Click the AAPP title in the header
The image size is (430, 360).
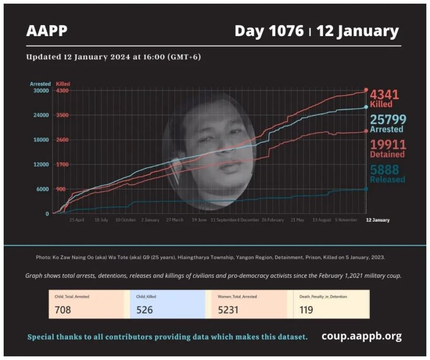(47, 31)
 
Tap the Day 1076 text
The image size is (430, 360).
(269, 31)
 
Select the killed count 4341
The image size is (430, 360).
(384, 95)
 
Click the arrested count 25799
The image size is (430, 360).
(386, 119)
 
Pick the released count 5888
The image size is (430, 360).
(384, 170)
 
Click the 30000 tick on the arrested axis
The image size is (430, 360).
(40, 91)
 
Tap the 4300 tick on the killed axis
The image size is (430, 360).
(62, 91)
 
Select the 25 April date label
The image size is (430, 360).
(77, 220)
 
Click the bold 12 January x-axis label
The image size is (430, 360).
(378, 220)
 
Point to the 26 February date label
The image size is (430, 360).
(273, 220)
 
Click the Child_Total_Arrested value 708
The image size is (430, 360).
(62, 310)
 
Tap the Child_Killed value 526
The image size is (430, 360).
(144, 310)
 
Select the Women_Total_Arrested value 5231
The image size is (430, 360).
(228, 310)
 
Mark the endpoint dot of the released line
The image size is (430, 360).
(365, 189)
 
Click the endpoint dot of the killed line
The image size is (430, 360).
(366, 90)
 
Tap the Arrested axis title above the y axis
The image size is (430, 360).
(40, 84)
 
